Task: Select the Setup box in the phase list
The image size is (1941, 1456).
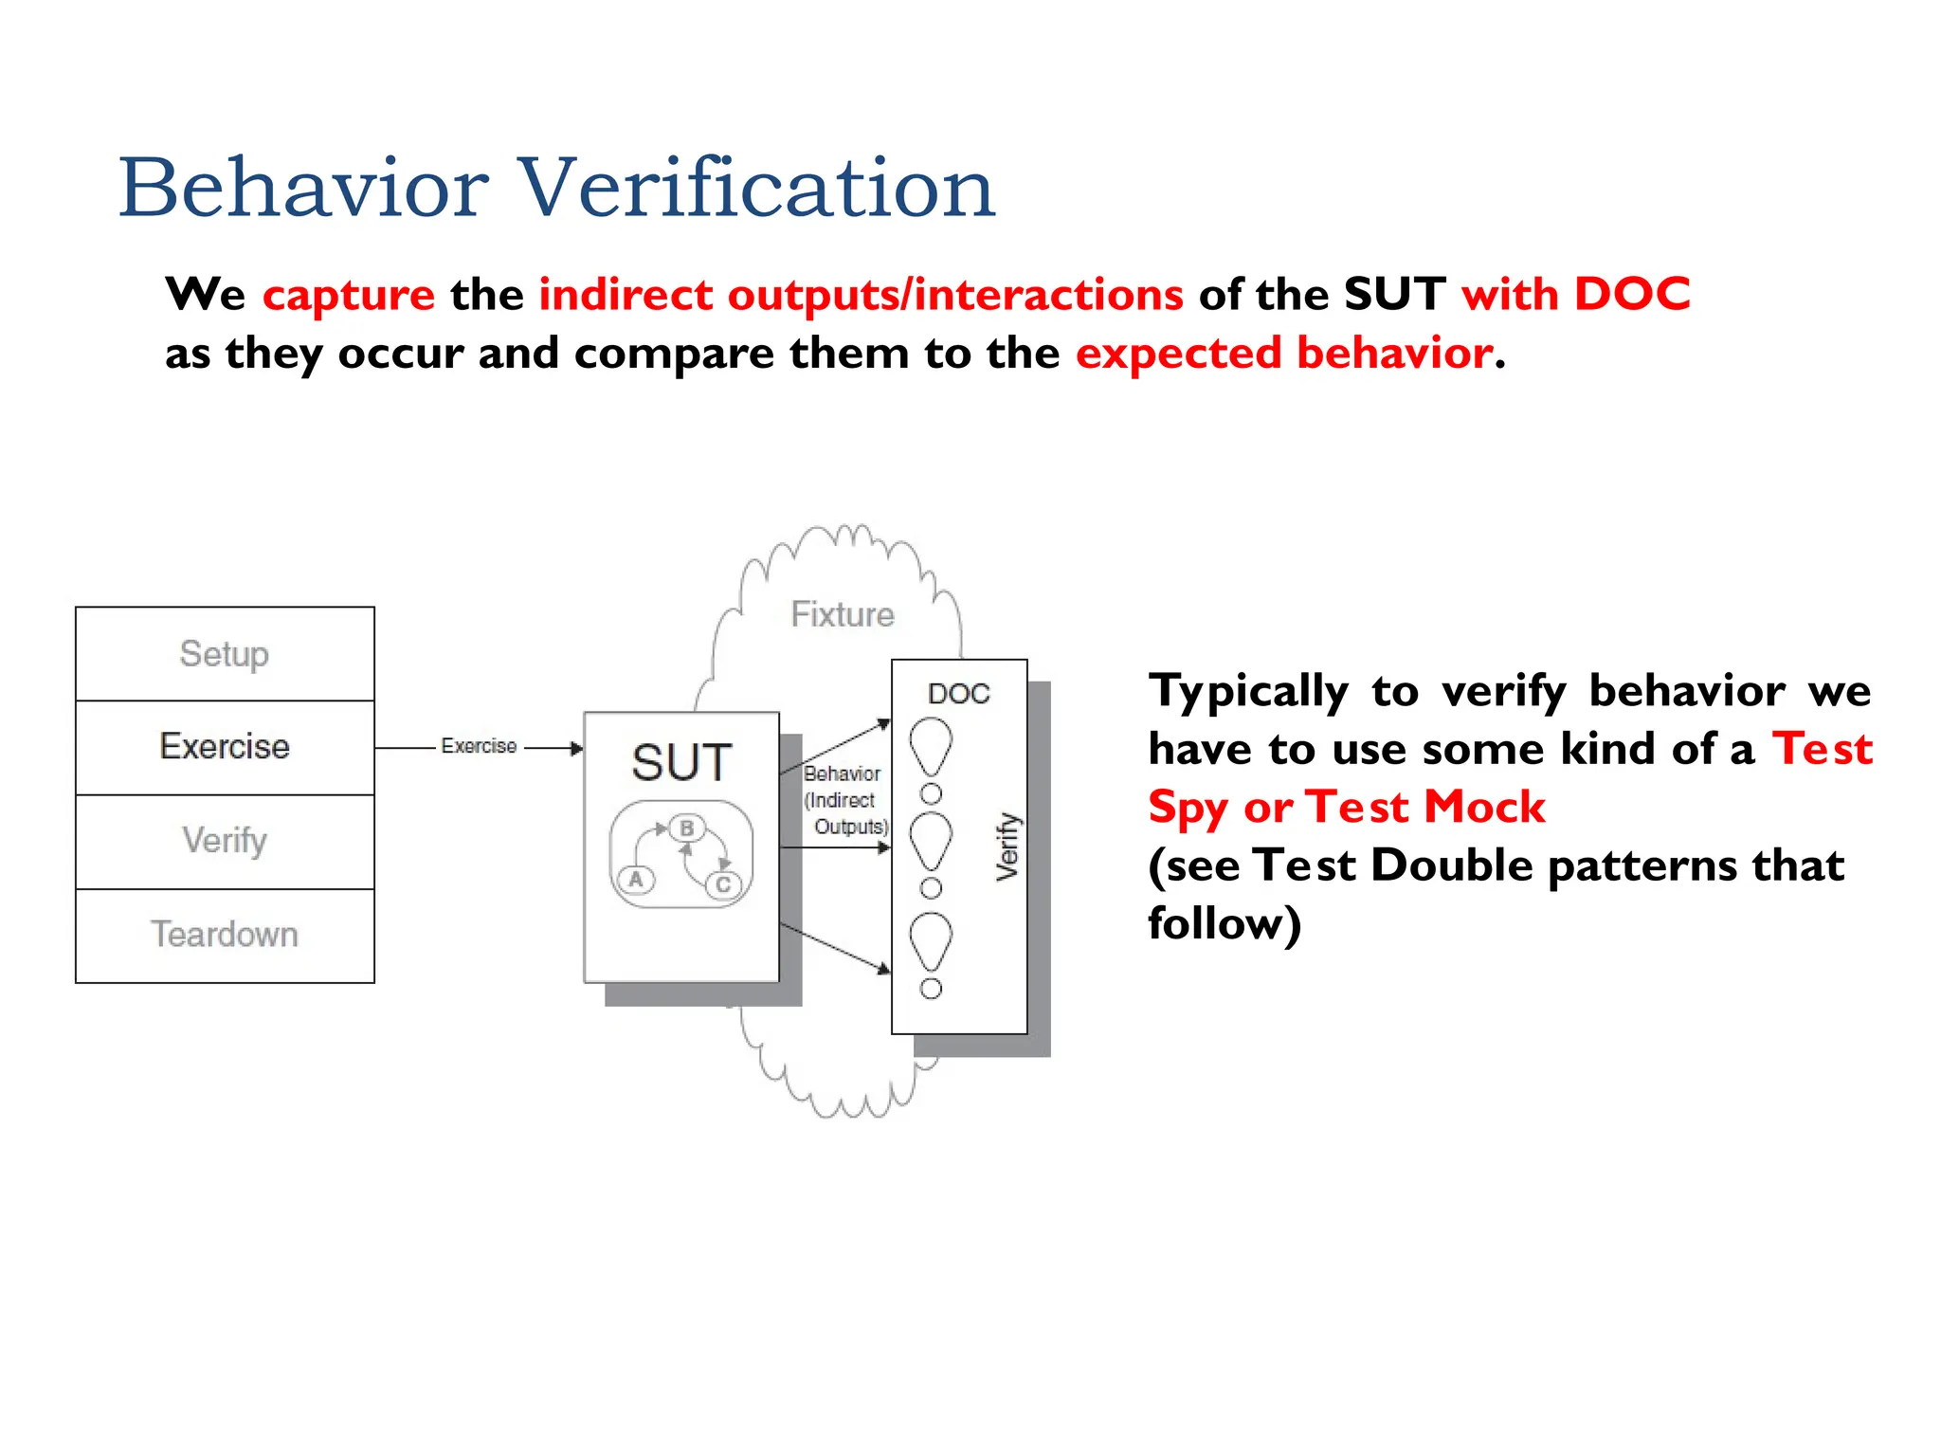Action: tap(225, 654)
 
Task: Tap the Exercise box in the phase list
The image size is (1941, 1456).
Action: tap(225, 747)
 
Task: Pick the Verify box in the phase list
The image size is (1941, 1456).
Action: tap(225, 841)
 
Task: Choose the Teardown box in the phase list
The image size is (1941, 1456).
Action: tap(225, 935)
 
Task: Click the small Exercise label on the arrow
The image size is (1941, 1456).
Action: tap(479, 747)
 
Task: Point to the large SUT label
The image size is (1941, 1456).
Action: tap(681, 763)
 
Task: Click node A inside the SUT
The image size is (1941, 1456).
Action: tap(636, 880)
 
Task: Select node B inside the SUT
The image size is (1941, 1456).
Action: tap(687, 828)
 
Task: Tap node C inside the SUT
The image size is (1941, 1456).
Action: tap(723, 884)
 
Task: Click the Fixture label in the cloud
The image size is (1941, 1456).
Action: tap(843, 614)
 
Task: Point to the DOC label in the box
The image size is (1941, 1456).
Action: tap(959, 694)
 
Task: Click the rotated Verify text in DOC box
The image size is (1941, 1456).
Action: tap(1007, 846)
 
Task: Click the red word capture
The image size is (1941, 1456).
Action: tap(349, 295)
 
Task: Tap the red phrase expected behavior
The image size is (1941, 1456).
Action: tap(1284, 354)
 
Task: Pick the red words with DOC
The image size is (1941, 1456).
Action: tap(1575, 295)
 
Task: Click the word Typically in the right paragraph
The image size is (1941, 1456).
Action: tap(1248, 691)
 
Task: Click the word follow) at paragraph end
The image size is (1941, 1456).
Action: tap(1224, 923)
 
